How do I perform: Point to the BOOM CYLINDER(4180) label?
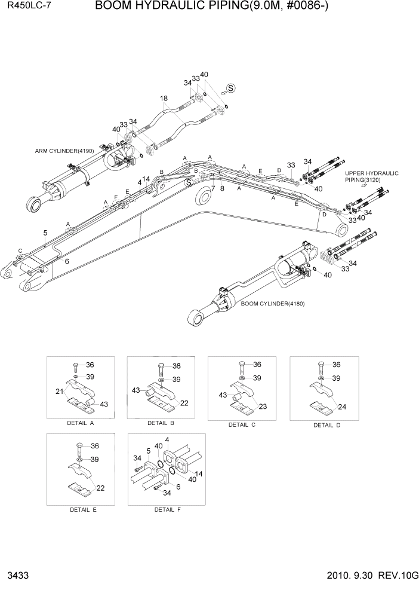coord(273,304)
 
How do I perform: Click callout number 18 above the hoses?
coord(164,99)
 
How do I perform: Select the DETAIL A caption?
coord(84,423)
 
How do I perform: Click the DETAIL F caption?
coord(167,510)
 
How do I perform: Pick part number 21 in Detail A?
coord(60,391)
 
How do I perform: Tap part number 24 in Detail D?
coord(343,408)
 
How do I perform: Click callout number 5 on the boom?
coord(45,232)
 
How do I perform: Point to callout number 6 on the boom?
coord(66,261)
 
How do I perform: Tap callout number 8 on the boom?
coord(221,188)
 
